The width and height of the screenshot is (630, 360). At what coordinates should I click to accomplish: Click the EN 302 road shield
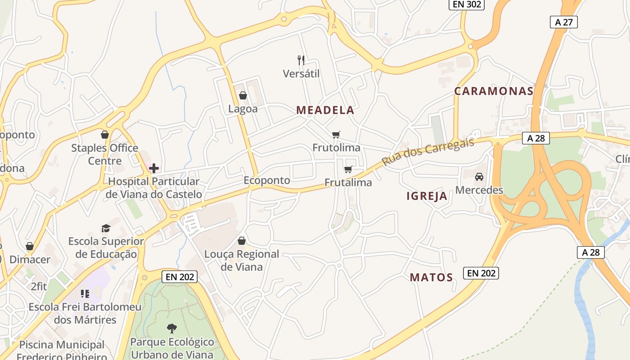[466, 4]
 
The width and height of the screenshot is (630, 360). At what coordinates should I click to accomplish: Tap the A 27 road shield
[563, 22]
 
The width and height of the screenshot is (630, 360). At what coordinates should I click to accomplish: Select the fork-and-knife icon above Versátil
[301, 60]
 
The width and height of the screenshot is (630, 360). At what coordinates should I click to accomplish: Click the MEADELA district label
[325, 110]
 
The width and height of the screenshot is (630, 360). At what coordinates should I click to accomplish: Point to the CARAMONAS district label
[494, 91]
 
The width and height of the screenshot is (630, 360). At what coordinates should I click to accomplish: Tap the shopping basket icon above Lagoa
[243, 95]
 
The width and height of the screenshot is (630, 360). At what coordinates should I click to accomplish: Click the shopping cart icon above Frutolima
[336, 135]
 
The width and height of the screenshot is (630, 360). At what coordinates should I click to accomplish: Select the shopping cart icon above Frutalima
[348, 169]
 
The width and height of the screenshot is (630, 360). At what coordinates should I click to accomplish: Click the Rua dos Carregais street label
[428, 152]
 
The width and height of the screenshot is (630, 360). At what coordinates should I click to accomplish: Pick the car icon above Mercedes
[479, 176]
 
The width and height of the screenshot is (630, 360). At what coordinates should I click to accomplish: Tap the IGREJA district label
[427, 196]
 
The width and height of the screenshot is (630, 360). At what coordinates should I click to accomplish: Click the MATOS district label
[431, 278]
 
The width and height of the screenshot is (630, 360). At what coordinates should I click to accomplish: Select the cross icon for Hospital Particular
[154, 168]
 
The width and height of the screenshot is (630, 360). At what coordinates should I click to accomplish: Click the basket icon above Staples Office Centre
[105, 135]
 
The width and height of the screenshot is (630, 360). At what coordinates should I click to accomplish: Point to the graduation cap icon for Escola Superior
[106, 228]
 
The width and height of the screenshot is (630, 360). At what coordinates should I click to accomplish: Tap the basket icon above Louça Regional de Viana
[242, 241]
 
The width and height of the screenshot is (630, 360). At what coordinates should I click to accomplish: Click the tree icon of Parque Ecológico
[172, 328]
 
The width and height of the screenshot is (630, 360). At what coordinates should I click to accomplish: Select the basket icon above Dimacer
[30, 246]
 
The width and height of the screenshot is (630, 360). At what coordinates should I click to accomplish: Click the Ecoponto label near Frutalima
[267, 180]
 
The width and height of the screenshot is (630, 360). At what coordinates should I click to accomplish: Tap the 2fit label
[39, 286]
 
